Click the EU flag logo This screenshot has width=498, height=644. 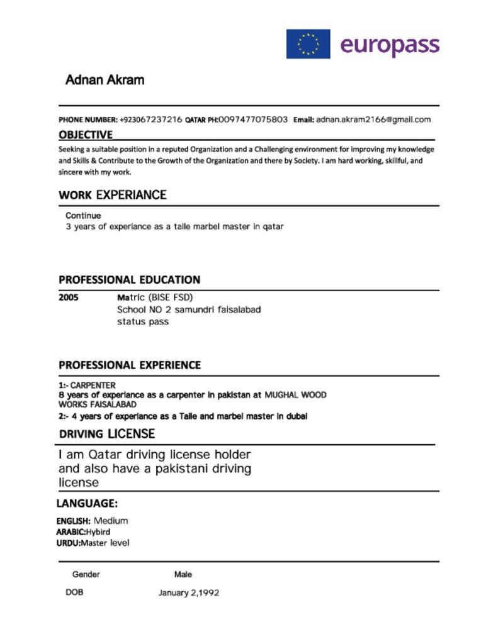[308, 44]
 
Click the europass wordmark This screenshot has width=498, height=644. [389, 45]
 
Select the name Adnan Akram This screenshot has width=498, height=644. [105, 80]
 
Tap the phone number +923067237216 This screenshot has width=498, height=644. [150, 119]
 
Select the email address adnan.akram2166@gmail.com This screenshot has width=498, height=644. [373, 119]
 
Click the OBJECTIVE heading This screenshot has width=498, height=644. [86, 135]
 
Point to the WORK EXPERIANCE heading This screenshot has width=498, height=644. [113, 195]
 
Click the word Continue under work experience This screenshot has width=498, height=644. [83, 216]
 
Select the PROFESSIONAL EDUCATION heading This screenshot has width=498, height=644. [130, 280]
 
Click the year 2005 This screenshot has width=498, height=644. [69, 297]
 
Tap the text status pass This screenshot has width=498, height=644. [143, 322]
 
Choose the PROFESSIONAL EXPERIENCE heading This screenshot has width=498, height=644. [130, 365]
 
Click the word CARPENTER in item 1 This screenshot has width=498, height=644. [93, 385]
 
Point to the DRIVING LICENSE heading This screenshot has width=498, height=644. [107, 434]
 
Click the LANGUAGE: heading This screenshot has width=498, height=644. [87, 503]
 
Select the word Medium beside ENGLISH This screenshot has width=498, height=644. [111, 521]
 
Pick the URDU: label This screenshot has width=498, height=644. [68, 543]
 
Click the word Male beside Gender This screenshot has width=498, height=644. [183, 574]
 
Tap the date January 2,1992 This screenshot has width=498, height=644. [189, 593]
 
